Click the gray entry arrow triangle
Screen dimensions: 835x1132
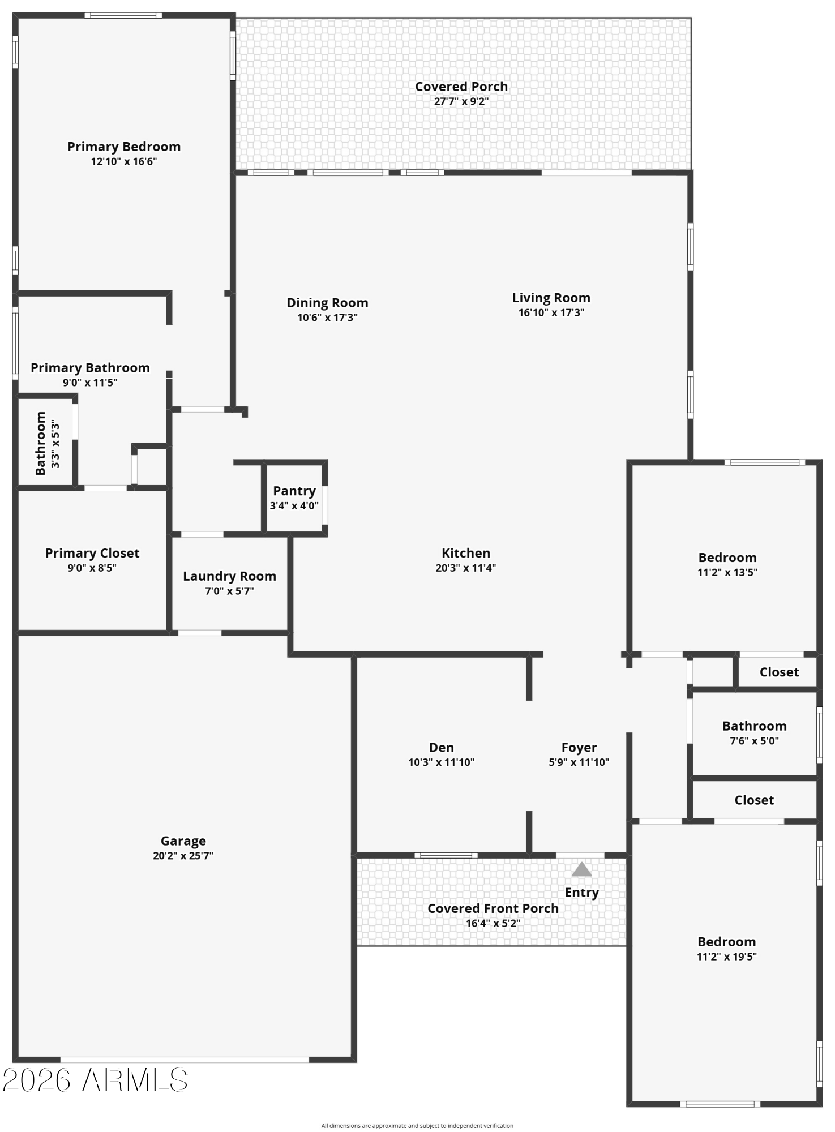point(581,870)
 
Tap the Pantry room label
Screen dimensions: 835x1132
point(294,491)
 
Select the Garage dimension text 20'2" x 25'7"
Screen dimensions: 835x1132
point(183,856)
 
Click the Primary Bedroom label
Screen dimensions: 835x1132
point(124,147)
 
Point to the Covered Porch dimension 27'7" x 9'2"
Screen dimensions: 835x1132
point(461,102)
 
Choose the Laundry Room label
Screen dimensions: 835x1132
point(229,576)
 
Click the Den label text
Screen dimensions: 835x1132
point(442,748)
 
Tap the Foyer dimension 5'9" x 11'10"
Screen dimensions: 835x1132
point(579,762)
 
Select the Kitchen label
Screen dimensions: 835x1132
point(466,553)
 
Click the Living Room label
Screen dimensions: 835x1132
point(551,298)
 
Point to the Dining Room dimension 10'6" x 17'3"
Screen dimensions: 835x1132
point(327,318)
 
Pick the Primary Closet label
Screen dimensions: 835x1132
point(92,553)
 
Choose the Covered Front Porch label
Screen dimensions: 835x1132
point(493,908)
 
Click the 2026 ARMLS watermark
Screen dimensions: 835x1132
point(95,1080)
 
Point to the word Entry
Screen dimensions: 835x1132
point(582,893)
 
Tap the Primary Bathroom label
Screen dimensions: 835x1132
point(91,368)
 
